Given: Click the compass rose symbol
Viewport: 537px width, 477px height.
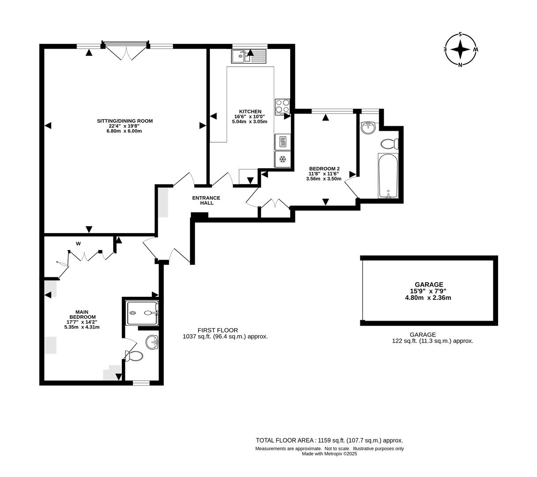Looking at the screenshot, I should (461, 49).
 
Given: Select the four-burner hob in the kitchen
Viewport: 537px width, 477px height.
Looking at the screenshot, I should (283, 106).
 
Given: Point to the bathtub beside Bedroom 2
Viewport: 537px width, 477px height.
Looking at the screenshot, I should (388, 176).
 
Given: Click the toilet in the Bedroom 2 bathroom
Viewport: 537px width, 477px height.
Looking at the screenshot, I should (389, 144).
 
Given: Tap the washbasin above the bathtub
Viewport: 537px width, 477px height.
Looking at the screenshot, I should (368, 128).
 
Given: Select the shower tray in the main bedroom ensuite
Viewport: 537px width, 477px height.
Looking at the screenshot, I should (142, 313).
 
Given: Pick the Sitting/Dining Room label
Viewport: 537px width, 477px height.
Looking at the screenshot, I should (125, 121).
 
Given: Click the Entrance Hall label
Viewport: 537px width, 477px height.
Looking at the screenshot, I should (206, 201).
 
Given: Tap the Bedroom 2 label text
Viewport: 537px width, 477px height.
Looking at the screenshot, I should (324, 169).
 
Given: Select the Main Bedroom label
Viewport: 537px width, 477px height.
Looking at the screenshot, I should (82, 314).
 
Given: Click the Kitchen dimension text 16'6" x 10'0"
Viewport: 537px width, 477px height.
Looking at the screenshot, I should (250, 117).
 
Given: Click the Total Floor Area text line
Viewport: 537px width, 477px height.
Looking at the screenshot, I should (329, 440).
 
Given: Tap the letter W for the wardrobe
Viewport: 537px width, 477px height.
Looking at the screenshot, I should (78, 244).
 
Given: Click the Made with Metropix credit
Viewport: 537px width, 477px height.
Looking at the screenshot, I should (329, 454).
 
